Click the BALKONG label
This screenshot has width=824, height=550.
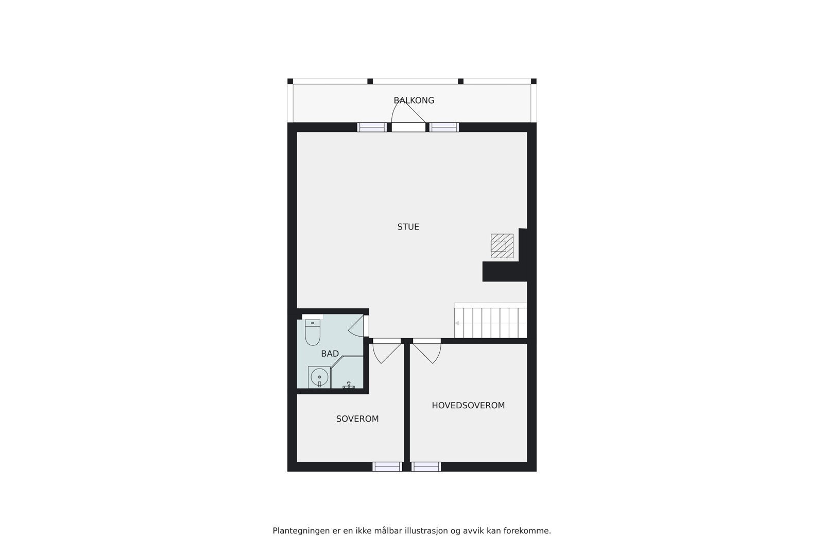tap(414, 101)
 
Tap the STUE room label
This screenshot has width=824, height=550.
tap(408, 227)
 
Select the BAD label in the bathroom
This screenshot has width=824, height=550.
tap(330, 354)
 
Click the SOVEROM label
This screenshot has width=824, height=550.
tap(357, 419)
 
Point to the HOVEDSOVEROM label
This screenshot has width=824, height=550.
tap(468, 406)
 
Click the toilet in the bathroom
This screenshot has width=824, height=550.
tap(313, 332)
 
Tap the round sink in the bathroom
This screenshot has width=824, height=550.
tap(319, 378)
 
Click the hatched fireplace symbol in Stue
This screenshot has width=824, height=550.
tap(502, 246)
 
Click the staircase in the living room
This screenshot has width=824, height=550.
tap(491, 323)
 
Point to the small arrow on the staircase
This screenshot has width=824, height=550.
tap(457, 323)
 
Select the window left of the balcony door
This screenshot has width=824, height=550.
tap(372, 127)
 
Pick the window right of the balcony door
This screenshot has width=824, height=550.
tap(444, 127)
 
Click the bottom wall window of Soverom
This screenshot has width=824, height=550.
tap(387, 466)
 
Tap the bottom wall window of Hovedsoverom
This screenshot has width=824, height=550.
tap(426, 466)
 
